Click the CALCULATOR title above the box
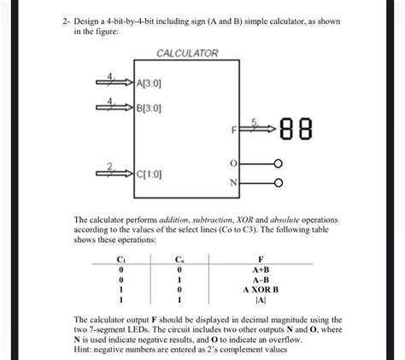(x=187, y=53)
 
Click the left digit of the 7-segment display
(x=288, y=131)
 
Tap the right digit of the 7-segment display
(x=307, y=131)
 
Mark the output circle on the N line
(x=276, y=182)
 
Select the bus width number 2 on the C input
(x=108, y=164)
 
